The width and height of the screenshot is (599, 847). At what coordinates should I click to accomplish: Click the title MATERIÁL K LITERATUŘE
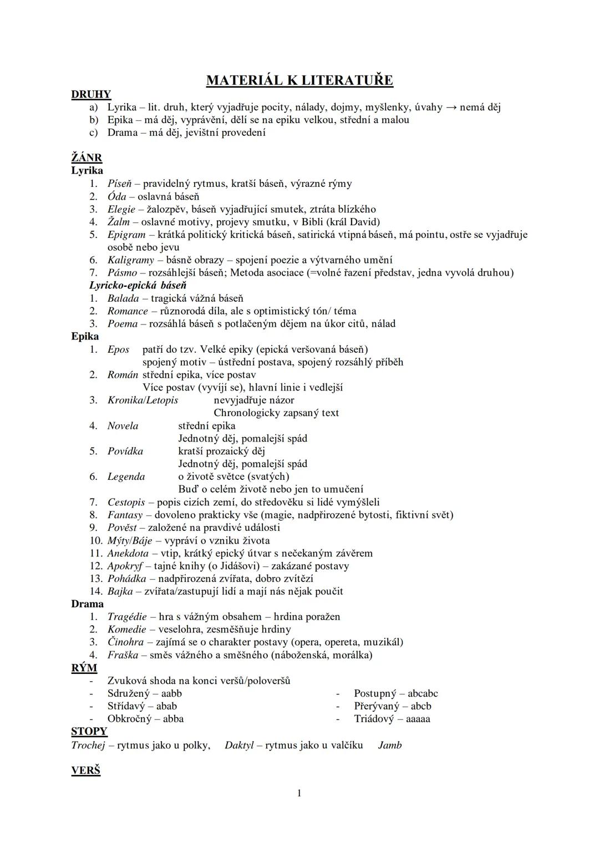[299, 80]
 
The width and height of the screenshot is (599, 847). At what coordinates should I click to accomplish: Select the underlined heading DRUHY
[91, 94]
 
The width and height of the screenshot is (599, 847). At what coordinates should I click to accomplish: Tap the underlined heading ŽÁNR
[87, 158]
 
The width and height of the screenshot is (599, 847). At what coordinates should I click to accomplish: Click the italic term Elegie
[121, 209]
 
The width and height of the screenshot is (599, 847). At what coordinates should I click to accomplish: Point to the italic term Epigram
[126, 235]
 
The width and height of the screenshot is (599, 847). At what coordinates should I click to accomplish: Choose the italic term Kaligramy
[131, 260]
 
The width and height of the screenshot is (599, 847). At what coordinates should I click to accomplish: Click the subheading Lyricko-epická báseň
[138, 285]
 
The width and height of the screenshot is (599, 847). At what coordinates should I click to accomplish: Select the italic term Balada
[123, 298]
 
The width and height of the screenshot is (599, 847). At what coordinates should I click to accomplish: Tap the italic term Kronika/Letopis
[143, 400]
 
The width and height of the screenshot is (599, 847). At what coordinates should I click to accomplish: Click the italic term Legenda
[126, 476]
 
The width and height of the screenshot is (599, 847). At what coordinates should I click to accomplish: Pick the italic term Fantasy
[125, 515]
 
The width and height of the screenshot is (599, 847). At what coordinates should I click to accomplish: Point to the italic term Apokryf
[125, 566]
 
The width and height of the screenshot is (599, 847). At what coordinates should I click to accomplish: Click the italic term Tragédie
[127, 616]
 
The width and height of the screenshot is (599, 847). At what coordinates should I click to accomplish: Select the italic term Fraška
[123, 655]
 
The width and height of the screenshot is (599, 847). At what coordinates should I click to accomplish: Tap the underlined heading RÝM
[84, 668]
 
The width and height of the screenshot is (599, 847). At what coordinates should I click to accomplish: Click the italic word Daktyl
[238, 745]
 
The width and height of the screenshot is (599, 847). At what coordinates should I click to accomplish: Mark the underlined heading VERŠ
[85, 770]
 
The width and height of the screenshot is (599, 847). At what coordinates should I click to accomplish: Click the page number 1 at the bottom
[299, 793]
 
